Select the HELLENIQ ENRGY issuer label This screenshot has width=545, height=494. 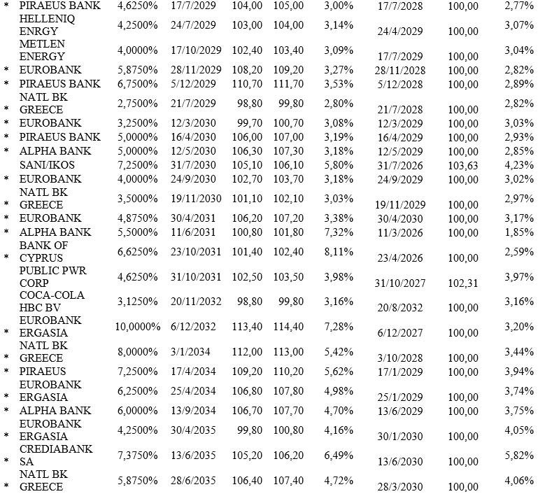(x=48, y=25)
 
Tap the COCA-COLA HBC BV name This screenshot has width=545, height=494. (x=52, y=302)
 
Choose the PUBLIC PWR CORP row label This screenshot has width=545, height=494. (x=51, y=276)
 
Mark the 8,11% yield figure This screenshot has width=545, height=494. (x=339, y=251)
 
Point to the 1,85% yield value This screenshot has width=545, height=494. (x=518, y=232)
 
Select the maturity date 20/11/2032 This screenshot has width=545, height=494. (x=195, y=302)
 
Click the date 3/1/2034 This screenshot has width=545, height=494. (x=190, y=352)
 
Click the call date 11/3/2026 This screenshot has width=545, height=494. (x=399, y=232)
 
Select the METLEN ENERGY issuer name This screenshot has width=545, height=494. (x=43, y=50)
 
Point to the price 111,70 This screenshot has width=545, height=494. (x=289, y=84)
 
